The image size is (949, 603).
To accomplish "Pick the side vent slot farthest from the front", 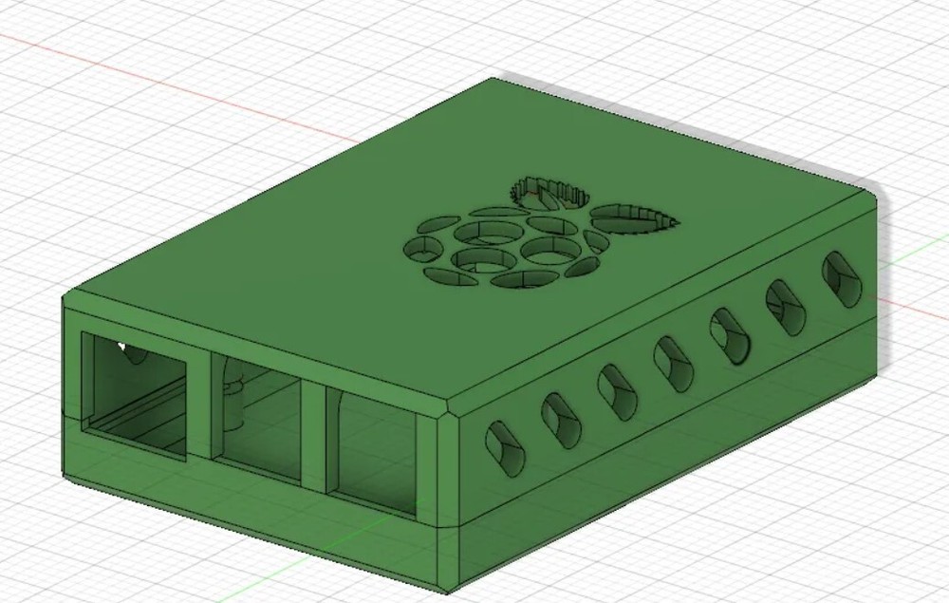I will (841, 278).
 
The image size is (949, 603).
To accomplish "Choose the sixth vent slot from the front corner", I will (785, 307).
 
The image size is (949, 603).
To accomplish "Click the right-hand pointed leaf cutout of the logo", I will (638, 217).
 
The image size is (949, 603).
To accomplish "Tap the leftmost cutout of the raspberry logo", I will (419, 249).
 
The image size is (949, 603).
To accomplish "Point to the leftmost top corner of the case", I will (66, 297).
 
